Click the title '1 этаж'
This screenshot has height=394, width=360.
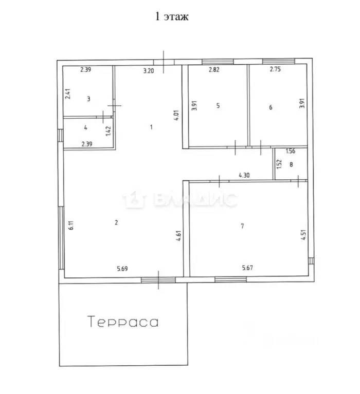coord(172,16)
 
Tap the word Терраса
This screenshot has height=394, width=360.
coord(123,322)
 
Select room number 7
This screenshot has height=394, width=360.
coord(241,226)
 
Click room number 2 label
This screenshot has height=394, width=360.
coord(116,222)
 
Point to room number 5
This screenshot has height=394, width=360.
coord(218,106)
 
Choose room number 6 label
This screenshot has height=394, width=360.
coord(271,107)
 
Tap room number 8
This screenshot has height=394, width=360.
coord(291,165)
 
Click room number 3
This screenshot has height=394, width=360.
coord(88,99)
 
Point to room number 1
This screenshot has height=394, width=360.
coord(151,127)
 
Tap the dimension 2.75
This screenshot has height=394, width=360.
coord(276,70)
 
